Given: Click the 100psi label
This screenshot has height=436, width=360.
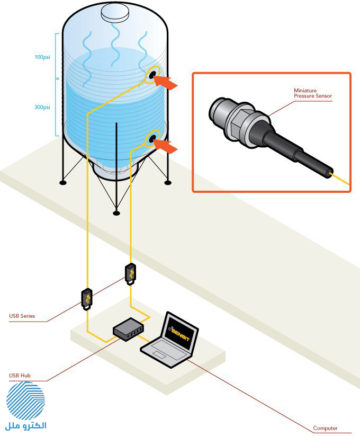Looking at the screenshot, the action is click(x=42, y=57).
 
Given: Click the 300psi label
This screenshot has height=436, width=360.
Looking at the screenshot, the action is click(x=42, y=107).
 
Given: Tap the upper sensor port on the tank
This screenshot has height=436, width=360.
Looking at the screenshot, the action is click(x=153, y=74).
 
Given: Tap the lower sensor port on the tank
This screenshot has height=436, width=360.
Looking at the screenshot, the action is click(x=153, y=138).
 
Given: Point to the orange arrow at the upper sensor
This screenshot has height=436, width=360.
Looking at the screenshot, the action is click(x=165, y=82).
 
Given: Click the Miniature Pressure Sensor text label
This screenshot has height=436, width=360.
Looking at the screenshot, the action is click(x=313, y=93).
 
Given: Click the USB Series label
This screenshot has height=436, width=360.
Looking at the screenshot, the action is click(x=22, y=316).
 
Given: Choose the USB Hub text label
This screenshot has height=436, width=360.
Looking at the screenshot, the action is click(x=20, y=376).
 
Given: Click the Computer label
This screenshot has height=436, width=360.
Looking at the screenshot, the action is click(x=325, y=428).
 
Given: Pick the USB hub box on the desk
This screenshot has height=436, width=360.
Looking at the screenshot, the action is click(x=128, y=330).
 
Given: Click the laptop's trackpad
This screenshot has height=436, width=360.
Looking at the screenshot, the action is click(x=159, y=354).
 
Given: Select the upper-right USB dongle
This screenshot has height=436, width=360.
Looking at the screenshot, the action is click(x=131, y=274).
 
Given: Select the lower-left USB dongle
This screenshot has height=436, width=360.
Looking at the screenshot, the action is click(x=87, y=299).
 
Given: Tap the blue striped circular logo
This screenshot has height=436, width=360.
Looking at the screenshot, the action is click(x=25, y=401).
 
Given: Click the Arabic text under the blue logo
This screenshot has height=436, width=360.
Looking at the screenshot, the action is click(x=26, y=426).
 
